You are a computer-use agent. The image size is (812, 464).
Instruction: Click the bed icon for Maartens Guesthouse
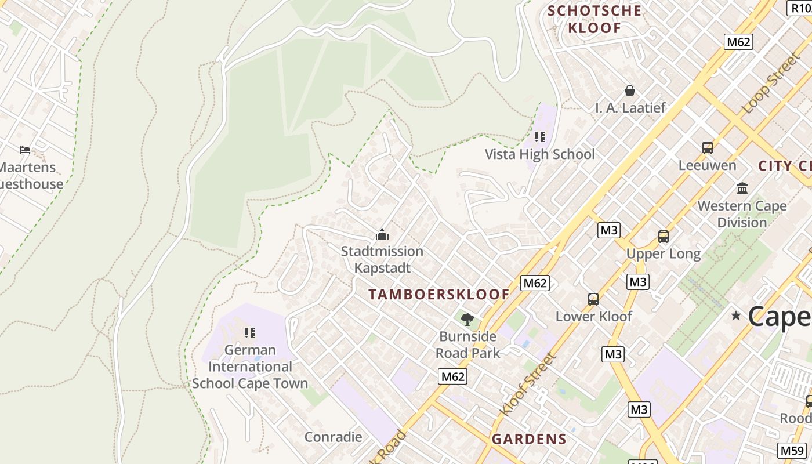click(x=25, y=150)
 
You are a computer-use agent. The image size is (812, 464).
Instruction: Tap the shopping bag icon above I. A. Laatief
click(x=630, y=90)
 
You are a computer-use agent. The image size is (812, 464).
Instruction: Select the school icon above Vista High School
click(x=540, y=137)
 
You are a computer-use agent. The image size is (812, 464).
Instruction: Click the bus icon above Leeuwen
click(x=707, y=148)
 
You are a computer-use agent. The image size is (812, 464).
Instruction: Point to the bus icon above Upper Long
click(x=663, y=237)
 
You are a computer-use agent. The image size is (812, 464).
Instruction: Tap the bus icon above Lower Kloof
click(x=593, y=299)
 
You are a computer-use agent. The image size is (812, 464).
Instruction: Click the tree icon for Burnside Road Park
click(x=467, y=319)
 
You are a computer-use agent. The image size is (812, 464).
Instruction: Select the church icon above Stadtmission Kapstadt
click(x=382, y=235)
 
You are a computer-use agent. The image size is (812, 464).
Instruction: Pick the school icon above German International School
click(x=250, y=333)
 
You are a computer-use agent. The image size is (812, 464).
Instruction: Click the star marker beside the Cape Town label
click(x=736, y=316)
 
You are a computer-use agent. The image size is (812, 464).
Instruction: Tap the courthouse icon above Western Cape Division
click(x=742, y=188)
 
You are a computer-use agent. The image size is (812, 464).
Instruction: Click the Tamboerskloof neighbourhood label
click(x=439, y=295)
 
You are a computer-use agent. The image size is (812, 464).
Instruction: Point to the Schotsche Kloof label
click(x=594, y=19)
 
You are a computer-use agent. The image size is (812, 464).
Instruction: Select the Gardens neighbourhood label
click(x=529, y=439)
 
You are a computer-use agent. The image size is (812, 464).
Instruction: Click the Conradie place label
click(x=333, y=437)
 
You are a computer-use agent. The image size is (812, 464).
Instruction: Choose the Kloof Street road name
click(x=528, y=384)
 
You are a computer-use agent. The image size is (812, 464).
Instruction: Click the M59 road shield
click(x=792, y=450)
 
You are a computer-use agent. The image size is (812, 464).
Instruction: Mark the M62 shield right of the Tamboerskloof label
click(x=534, y=283)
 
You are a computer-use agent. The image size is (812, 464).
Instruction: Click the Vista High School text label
click(x=540, y=154)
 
